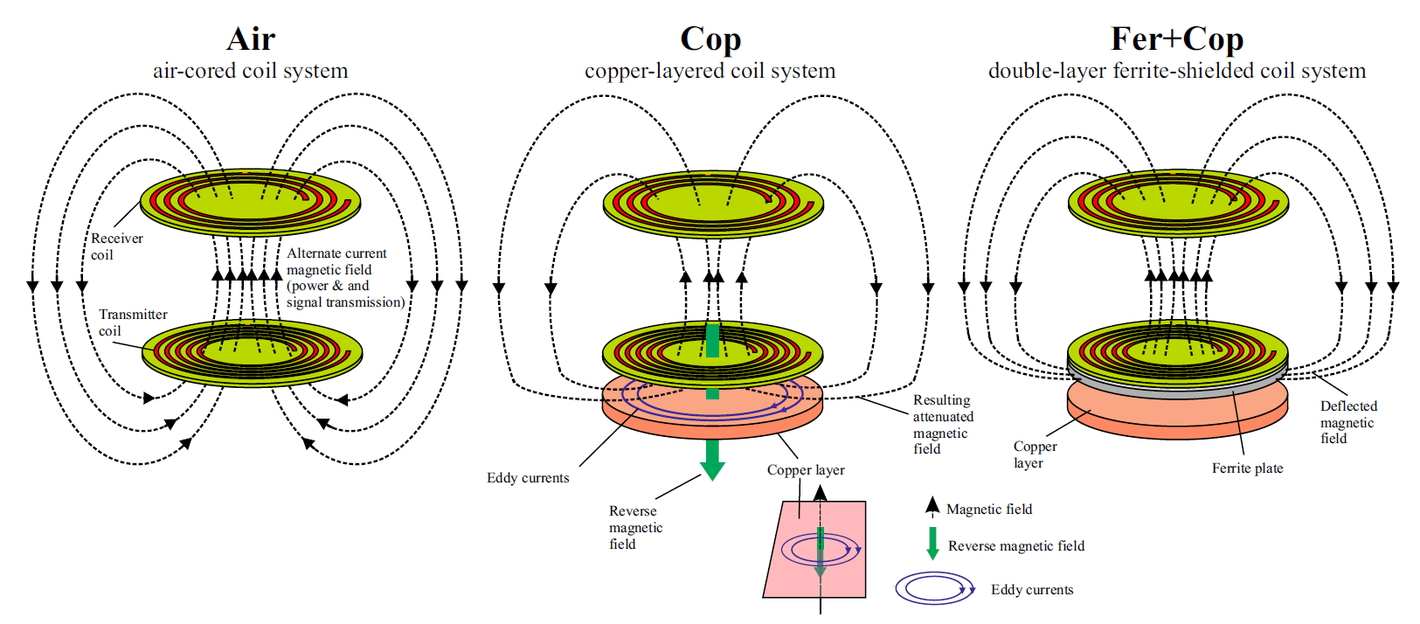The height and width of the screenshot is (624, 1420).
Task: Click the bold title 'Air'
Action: click(x=251, y=39)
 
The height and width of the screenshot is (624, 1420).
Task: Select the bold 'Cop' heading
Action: click(x=710, y=39)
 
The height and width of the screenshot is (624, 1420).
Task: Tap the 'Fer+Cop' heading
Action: click(x=1176, y=39)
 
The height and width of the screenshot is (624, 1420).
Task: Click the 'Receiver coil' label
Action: click(x=116, y=246)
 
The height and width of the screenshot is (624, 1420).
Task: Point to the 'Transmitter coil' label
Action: click(x=132, y=322)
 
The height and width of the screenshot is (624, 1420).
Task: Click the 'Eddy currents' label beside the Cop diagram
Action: click(x=528, y=478)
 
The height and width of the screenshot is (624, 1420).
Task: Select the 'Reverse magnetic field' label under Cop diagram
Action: click(x=635, y=527)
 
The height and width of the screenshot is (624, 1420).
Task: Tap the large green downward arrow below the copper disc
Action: click(x=713, y=460)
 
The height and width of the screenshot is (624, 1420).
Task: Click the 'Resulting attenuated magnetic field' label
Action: click(x=943, y=424)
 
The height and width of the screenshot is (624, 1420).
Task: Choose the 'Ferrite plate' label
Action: click(x=1247, y=468)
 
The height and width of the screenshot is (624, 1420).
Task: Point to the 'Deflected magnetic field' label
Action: click(x=1347, y=422)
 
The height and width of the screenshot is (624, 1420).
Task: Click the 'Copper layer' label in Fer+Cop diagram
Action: click(x=1035, y=454)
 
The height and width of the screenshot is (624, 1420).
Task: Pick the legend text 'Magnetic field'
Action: click(x=989, y=510)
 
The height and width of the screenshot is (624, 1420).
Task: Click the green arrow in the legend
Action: click(x=932, y=543)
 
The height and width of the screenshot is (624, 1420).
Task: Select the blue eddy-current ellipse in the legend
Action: click(x=934, y=588)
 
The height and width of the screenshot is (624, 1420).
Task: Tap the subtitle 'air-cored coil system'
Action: click(x=251, y=71)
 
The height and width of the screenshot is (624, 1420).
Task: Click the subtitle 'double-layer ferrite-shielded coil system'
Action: click(x=1176, y=71)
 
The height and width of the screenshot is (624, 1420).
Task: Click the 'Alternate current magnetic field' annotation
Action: click(x=345, y=278)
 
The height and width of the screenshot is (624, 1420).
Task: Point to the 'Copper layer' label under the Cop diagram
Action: click(x=806, y=470)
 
